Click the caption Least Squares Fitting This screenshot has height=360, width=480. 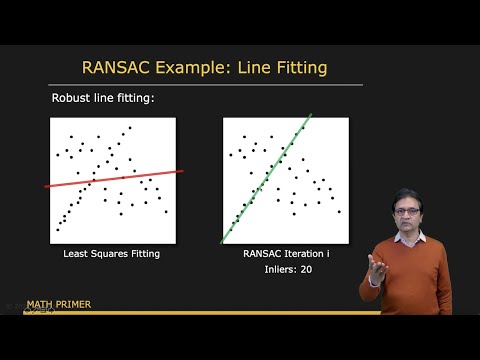tap(112, 254)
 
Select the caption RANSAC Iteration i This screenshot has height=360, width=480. tap(285, 254)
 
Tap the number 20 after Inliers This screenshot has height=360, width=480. tap(305, 270)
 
